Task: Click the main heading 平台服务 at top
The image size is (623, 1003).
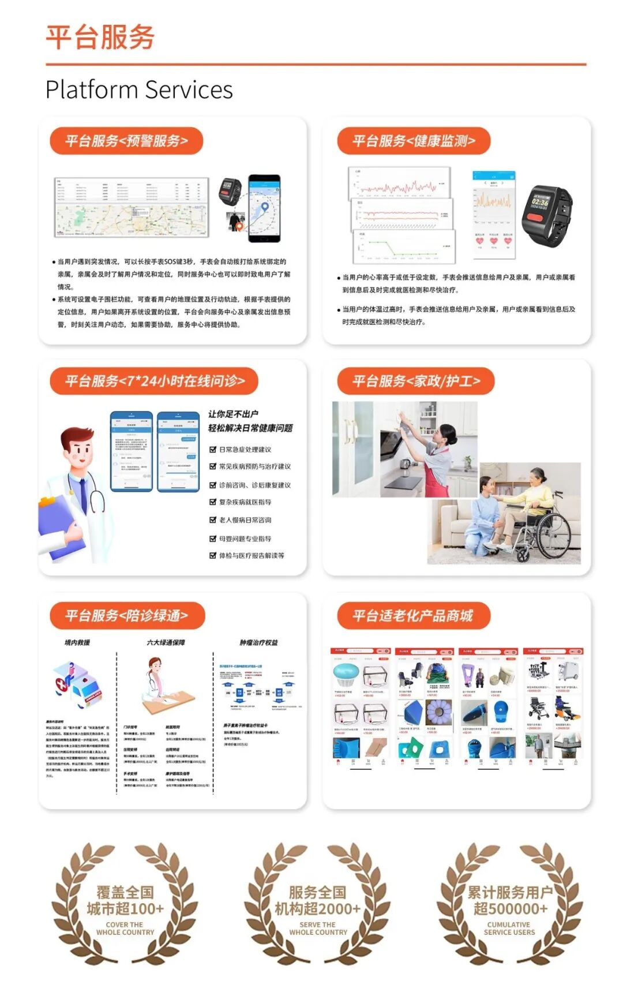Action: pyautogui.click(x=100, y=38)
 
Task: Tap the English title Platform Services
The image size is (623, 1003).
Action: pyautogui.click(x=139, y=90)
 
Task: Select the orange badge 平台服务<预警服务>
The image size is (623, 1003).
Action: pyautogui.click(x=126, y=141)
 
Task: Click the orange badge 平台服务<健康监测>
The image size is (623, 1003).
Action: pyautogui.click(x=414, y=141)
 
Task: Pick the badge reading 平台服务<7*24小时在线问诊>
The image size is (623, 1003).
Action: pyautogui.click(x=154, y=381)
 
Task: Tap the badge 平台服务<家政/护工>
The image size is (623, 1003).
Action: pyautogui.click(x=416, y=381)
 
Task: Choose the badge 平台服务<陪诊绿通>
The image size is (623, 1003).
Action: pyautogui.click(x=127, y=616)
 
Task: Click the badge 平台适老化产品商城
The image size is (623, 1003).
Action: pyautogui.click(x=413, y=616)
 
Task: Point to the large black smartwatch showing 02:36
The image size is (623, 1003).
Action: pyautogui.click(x=546, y=215)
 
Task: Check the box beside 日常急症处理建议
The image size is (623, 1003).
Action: pyautogui.click(x=212, y=449)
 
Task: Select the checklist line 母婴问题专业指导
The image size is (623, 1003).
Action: pyautogui.click(x=245, y=538)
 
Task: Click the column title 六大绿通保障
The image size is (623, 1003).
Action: pyautogui.click(x=166, y=642)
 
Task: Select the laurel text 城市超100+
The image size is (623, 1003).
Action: pyautogui.click(x=125, y=909)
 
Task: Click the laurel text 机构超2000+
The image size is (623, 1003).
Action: pyautogui.click(x=317, y=909)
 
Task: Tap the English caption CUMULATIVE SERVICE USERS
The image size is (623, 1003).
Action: pyautogui.click(x=509, y=928)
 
